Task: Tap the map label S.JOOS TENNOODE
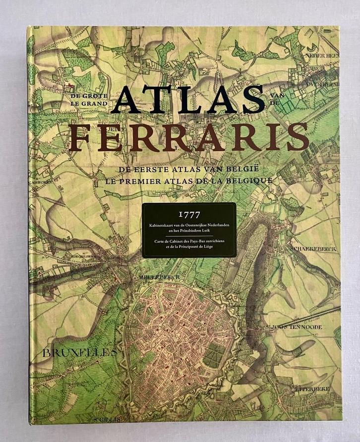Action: tap(301, 327)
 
